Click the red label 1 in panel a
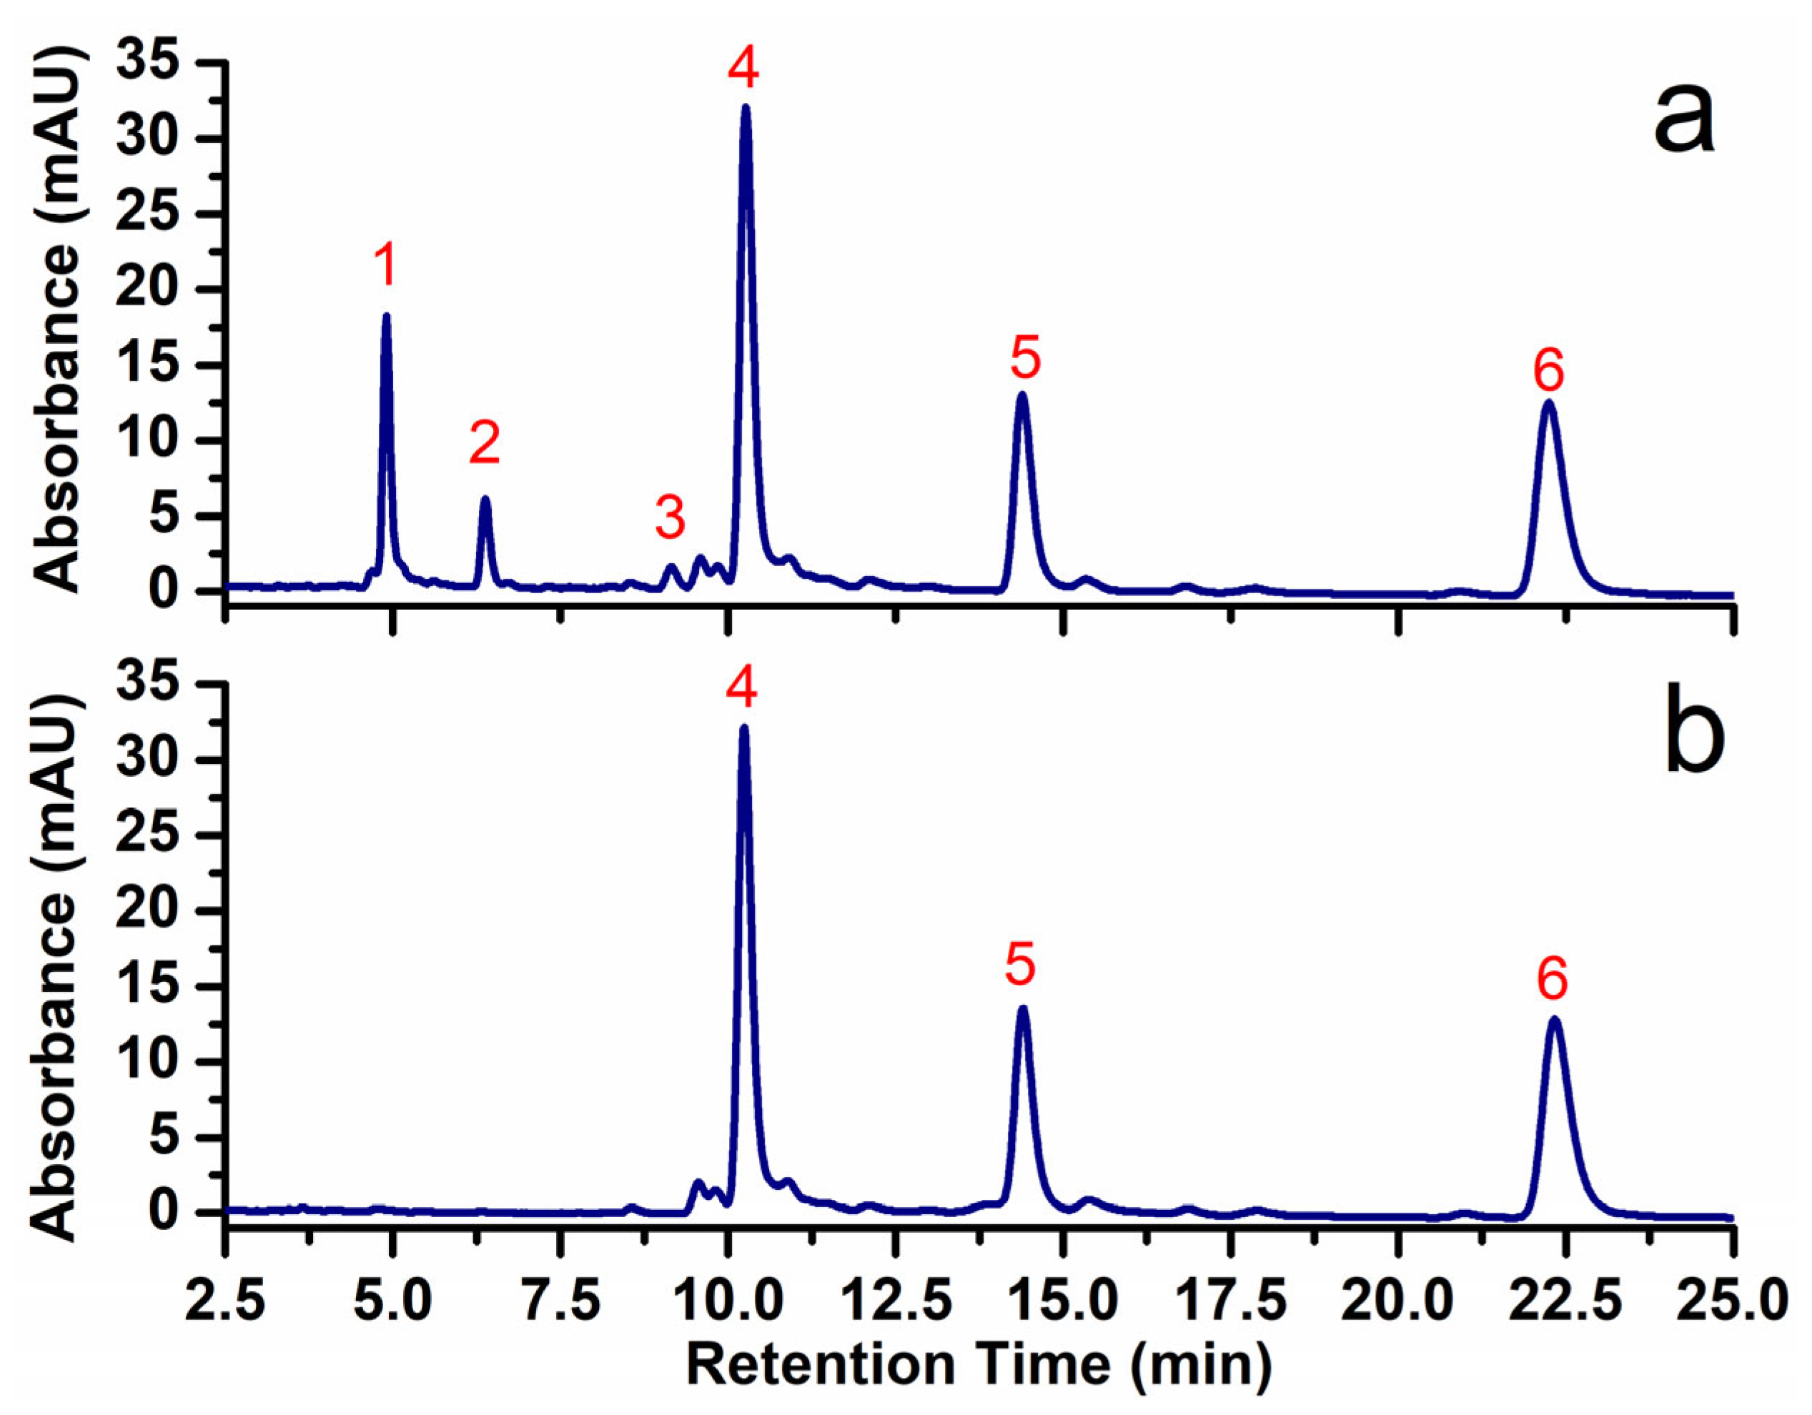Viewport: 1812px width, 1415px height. [383, 267]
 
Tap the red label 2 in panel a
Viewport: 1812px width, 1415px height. [485, 443]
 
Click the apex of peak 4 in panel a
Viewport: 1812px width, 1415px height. [745, 109]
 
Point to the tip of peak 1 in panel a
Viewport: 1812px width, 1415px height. [386, 317]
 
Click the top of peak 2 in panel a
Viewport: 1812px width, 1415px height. [485, 500]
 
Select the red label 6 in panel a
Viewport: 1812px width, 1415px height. [1548, 370]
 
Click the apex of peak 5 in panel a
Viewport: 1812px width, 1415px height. [1022, 394]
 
